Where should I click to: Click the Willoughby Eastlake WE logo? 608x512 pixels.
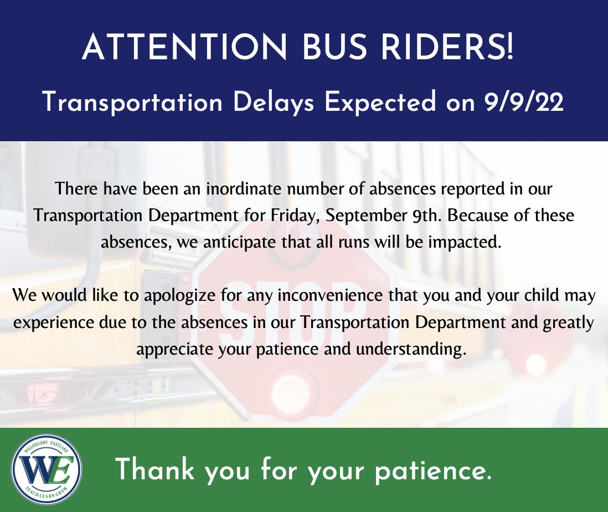click(x=47, y=469)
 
